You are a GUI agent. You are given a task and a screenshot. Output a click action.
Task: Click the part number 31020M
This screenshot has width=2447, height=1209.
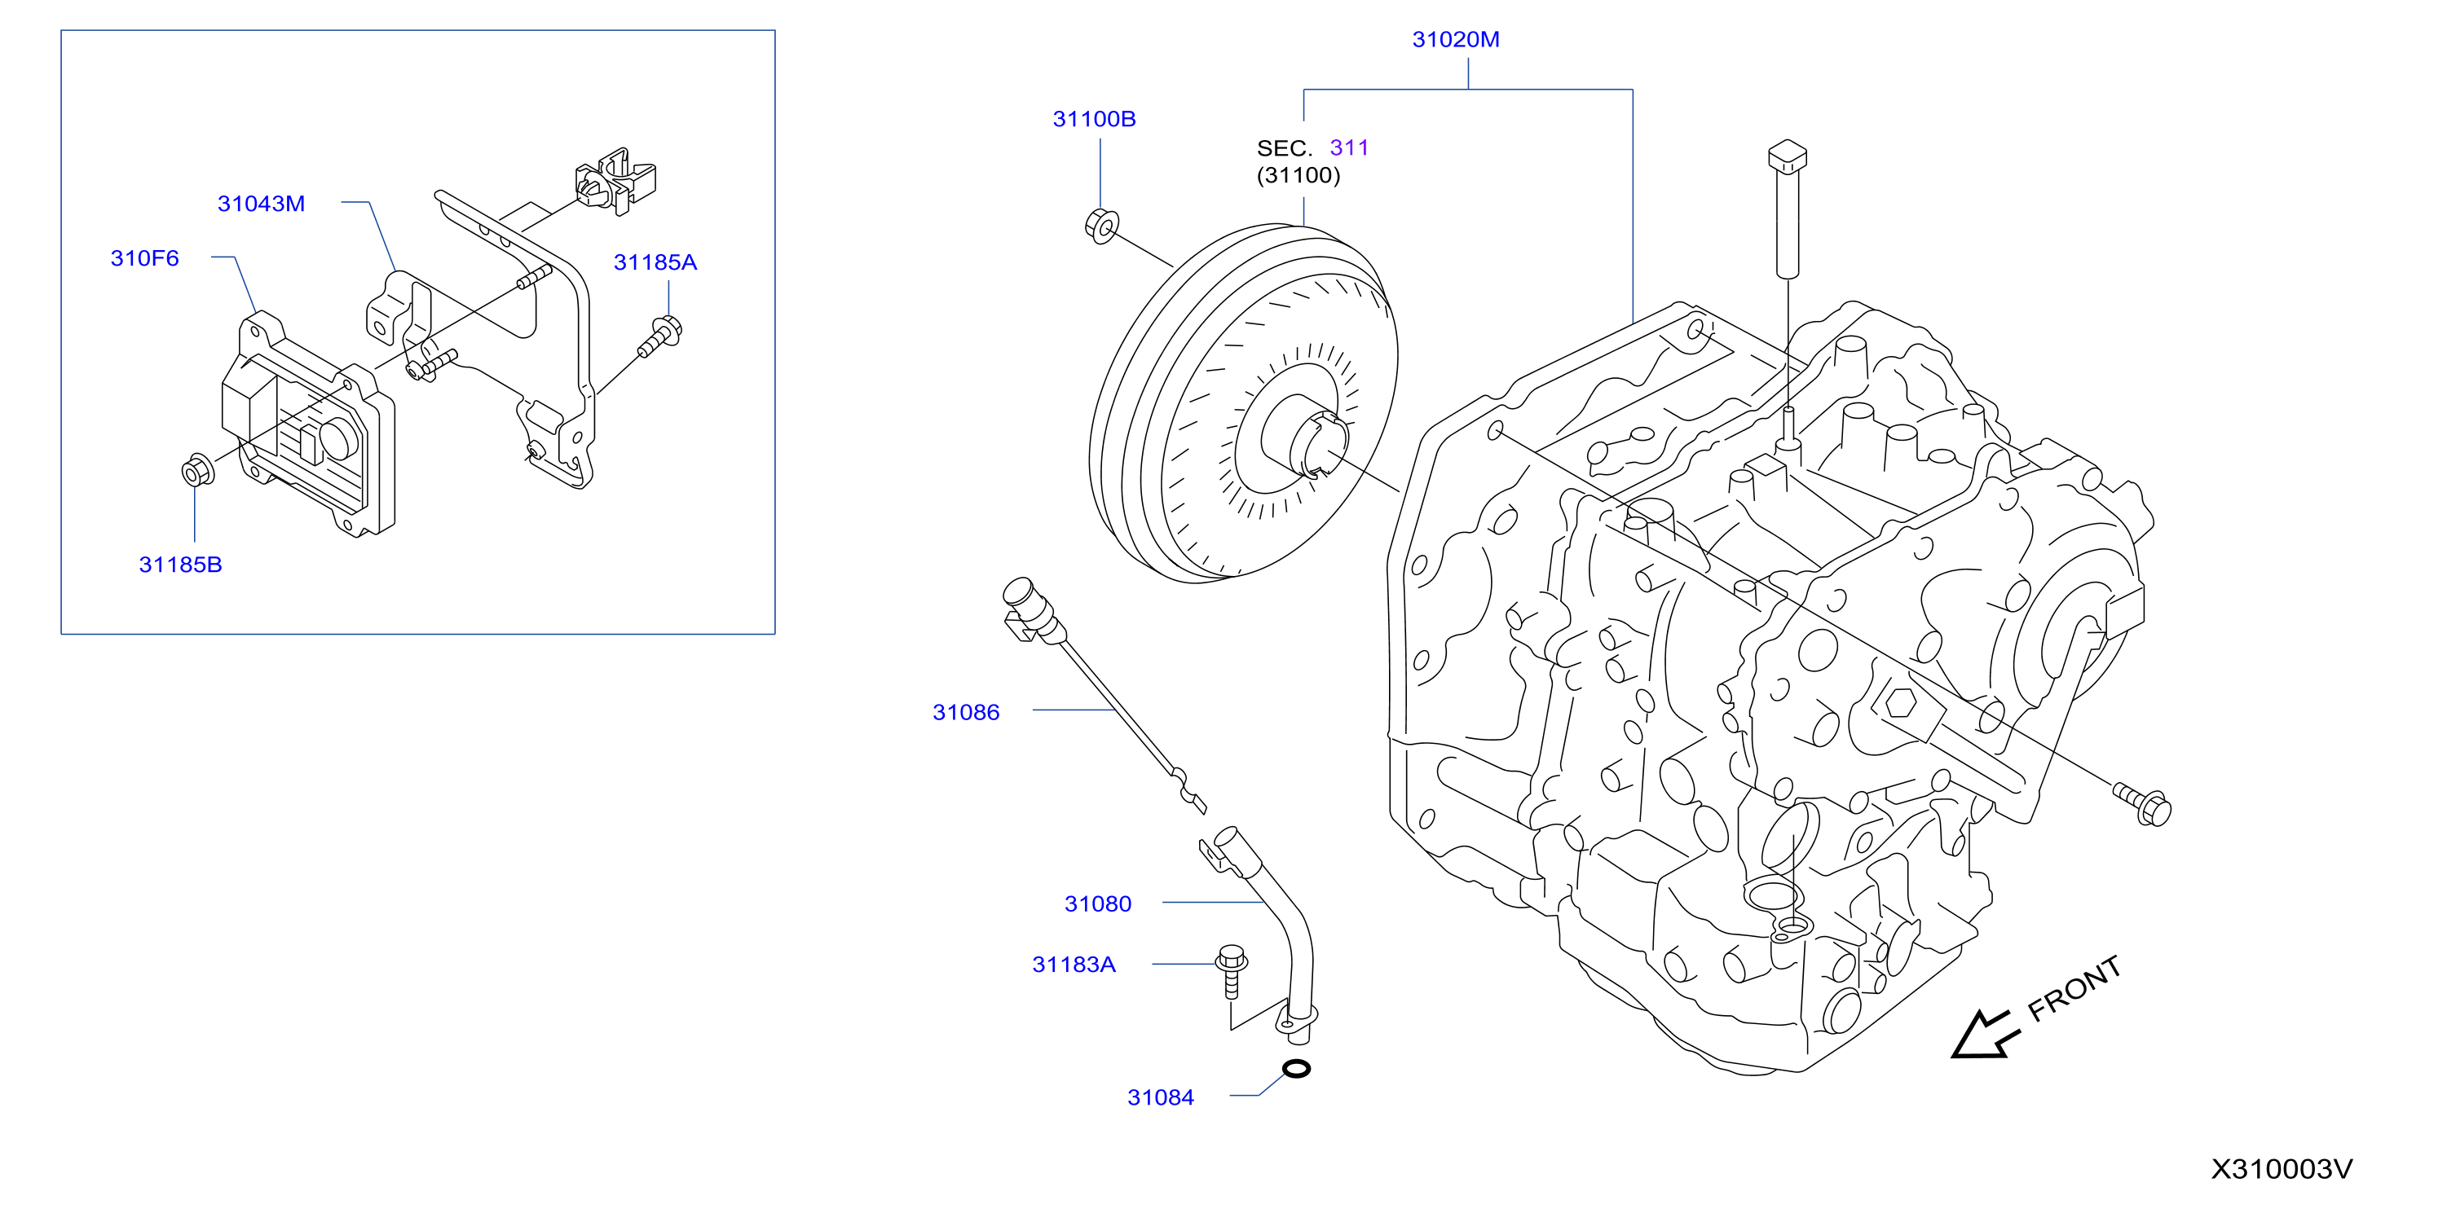1455,40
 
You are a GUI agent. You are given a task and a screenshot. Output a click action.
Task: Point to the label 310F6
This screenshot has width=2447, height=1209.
144,258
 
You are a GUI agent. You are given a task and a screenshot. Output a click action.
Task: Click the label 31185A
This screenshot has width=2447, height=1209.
655,263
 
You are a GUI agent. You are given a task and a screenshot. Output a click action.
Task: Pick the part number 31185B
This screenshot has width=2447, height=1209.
180,565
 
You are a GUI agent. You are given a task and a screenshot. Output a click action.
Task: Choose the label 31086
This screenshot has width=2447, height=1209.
966,712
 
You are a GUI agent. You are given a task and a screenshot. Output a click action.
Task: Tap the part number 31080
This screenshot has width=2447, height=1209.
1098,904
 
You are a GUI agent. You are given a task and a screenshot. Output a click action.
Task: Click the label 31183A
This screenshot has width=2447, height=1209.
1074,965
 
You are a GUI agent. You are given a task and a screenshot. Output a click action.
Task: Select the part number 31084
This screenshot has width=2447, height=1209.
1161,1098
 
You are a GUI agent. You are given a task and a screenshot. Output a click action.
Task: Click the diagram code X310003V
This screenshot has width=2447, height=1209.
2282,1169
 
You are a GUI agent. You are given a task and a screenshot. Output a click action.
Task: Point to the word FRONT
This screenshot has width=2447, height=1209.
2074,989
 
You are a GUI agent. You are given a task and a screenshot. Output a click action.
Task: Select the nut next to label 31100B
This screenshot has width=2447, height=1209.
1101,226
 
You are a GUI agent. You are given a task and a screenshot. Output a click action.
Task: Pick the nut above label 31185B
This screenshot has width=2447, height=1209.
196,470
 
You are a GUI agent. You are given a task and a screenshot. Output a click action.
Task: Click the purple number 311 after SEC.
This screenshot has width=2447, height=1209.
1349,148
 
